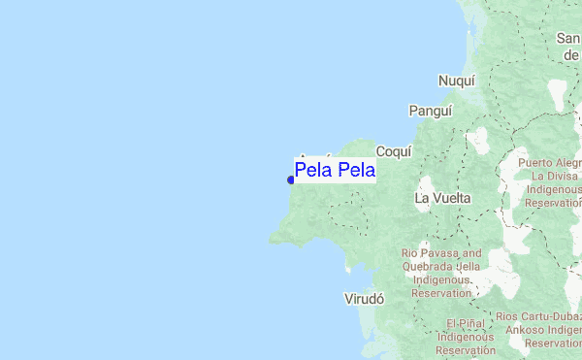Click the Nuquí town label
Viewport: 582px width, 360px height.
pos(457,81)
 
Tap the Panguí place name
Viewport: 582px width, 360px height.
pos(431,111)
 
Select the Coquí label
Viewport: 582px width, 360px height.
pos(394,151)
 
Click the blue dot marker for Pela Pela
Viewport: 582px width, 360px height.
pos(291,179)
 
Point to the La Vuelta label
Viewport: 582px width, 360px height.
pos(442,198)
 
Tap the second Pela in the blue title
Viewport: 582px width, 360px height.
pos(356,171)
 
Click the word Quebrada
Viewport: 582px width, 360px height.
pos(429,267)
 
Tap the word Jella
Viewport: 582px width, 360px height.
pos(469,267)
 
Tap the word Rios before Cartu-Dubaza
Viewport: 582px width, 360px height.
pos(509,316)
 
